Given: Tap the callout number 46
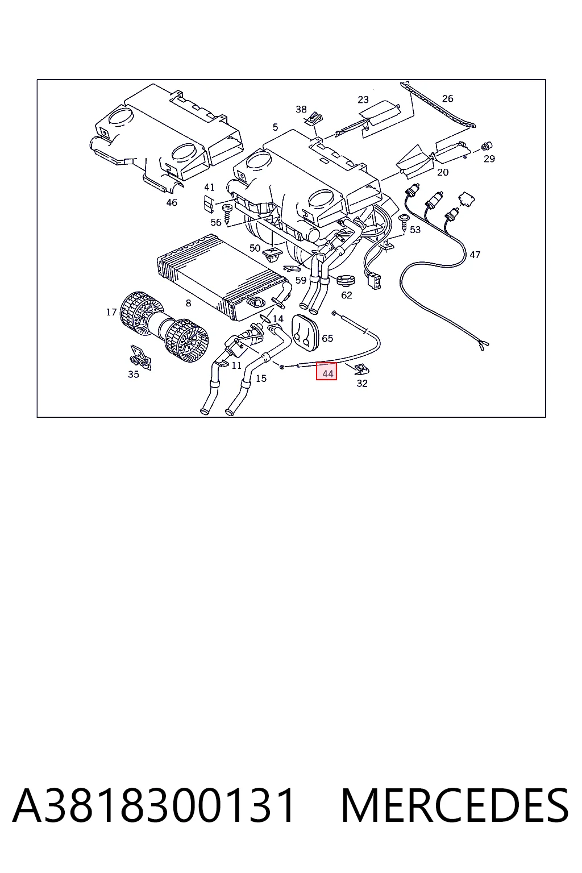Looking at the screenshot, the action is tap(172, 202).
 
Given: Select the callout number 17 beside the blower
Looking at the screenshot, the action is tap(111, 312).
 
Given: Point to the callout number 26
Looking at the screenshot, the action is tap(447, 98).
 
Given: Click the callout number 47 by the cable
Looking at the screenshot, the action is tap(475, 255).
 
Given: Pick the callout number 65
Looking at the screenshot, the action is tap(327, 338).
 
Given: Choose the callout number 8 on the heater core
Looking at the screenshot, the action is tap(188, 303).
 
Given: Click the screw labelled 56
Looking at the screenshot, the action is tap(227, 214).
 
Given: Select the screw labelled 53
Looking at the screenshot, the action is tap(403, 222).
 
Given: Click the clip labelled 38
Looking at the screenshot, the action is tap(314, 119).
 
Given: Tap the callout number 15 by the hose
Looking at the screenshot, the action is tap(261, 378).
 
